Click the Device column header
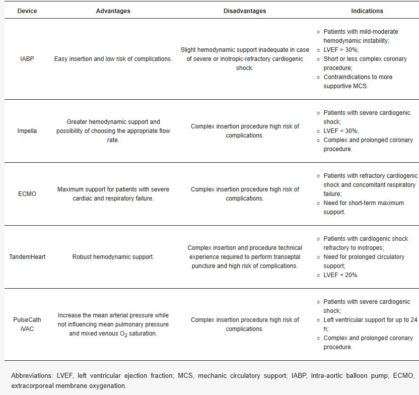[27, 11]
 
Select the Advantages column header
[113, 11]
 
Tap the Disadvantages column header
[245, 11]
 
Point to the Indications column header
[367, 11]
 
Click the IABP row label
[27, 59]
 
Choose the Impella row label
[27, 131]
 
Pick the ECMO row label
[27, 194]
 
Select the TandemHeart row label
[27, 257]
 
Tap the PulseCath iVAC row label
[27, 324]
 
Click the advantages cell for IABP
[113, 59]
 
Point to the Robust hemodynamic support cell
[113, 257]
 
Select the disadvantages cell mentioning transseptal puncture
[245, 257]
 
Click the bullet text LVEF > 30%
[341, 50]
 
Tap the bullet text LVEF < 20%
[341, 275]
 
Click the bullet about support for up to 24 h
[370, 324]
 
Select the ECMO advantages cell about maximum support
[113, 194]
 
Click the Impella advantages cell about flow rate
[113, 131]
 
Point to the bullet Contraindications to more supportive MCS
[365, 82]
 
